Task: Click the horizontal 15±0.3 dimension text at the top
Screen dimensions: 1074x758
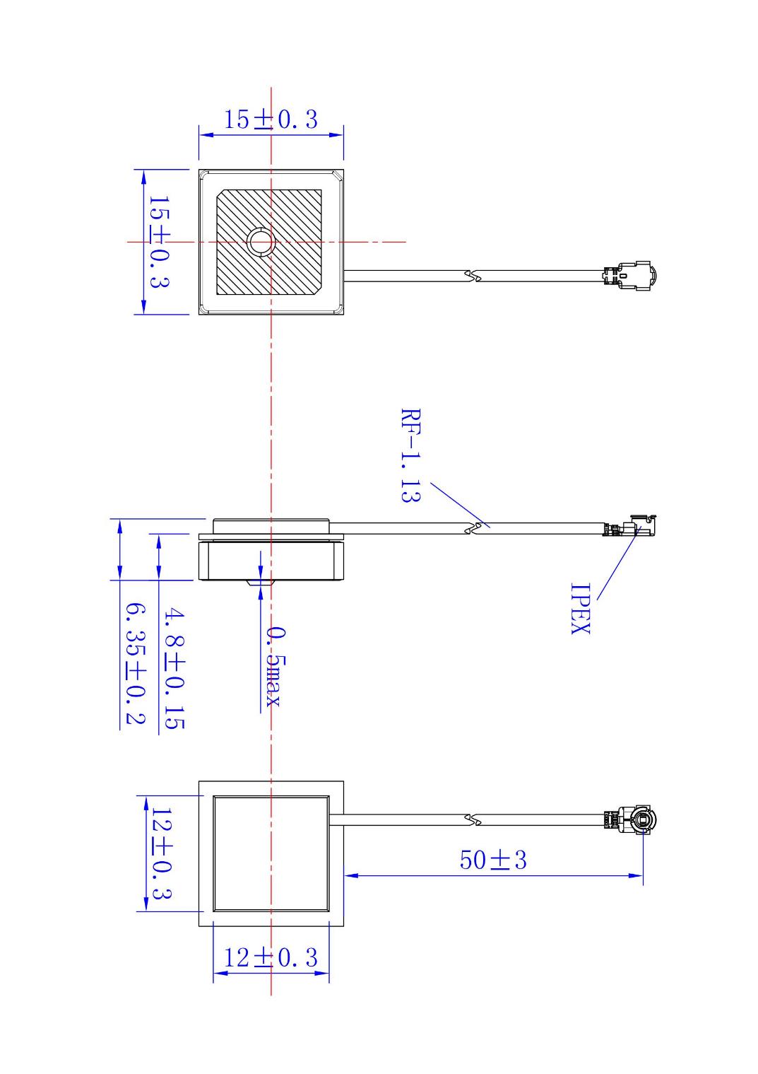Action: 271,119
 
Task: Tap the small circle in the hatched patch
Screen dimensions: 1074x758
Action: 261,242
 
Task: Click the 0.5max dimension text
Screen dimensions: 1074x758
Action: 273,665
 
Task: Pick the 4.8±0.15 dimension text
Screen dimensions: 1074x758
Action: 174,669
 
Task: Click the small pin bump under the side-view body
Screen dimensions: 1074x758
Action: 259,583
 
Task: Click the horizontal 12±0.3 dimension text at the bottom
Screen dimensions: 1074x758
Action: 271,957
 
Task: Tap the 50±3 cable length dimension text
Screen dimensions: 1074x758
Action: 493,860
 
